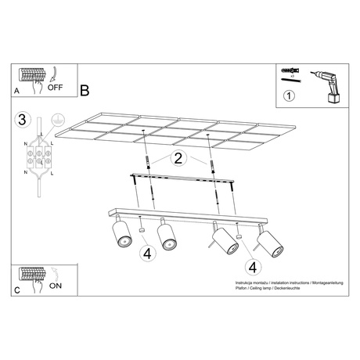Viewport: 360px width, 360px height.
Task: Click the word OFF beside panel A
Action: [56, 87]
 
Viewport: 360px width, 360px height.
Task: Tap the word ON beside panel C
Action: [56, 286]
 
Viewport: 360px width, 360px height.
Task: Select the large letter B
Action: [85, 88]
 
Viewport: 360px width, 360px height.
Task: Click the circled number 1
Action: [289, 98]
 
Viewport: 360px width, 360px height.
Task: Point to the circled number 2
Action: [178, 159]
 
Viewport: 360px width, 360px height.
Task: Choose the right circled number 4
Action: [252, 266]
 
